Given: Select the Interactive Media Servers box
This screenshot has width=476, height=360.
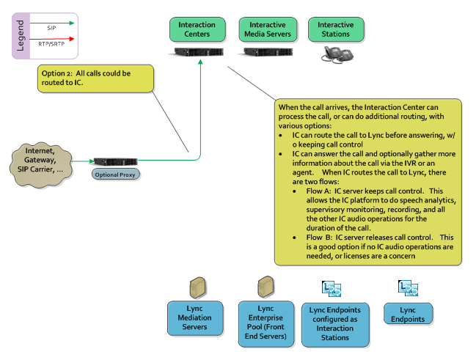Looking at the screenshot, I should click(266, 30).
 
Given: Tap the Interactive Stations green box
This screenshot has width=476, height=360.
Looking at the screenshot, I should click(335, 30).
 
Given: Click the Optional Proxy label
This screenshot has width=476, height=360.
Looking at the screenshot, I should click(115, 175).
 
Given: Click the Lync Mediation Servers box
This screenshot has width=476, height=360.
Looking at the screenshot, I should click(194, 316).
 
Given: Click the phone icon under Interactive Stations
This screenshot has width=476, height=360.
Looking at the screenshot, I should click(335, 54).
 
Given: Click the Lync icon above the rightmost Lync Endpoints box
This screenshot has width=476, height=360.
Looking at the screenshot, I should click(407, 287).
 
